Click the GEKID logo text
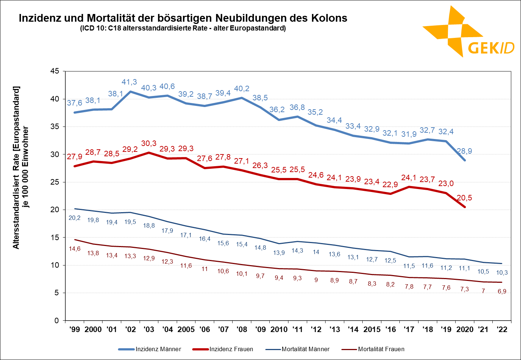[491, 47]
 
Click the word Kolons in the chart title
[329, 18]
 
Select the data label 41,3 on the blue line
[129, 82]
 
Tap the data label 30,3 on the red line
[149, 143]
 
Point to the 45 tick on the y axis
[54, 71]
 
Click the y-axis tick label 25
[54, 182]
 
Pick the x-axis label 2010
[279, 329]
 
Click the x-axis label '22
[502, 329]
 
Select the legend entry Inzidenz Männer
[158, 349]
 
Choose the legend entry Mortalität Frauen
[381, 349]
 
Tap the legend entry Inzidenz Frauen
[231, 349]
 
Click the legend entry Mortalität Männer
[305, 349]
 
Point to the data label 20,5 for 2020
[464, 198]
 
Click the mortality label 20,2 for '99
[75, 218]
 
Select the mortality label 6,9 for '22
[502, 291]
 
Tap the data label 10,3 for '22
[502, 272]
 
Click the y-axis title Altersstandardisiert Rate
[17, 167]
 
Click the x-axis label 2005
[186, 329]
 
